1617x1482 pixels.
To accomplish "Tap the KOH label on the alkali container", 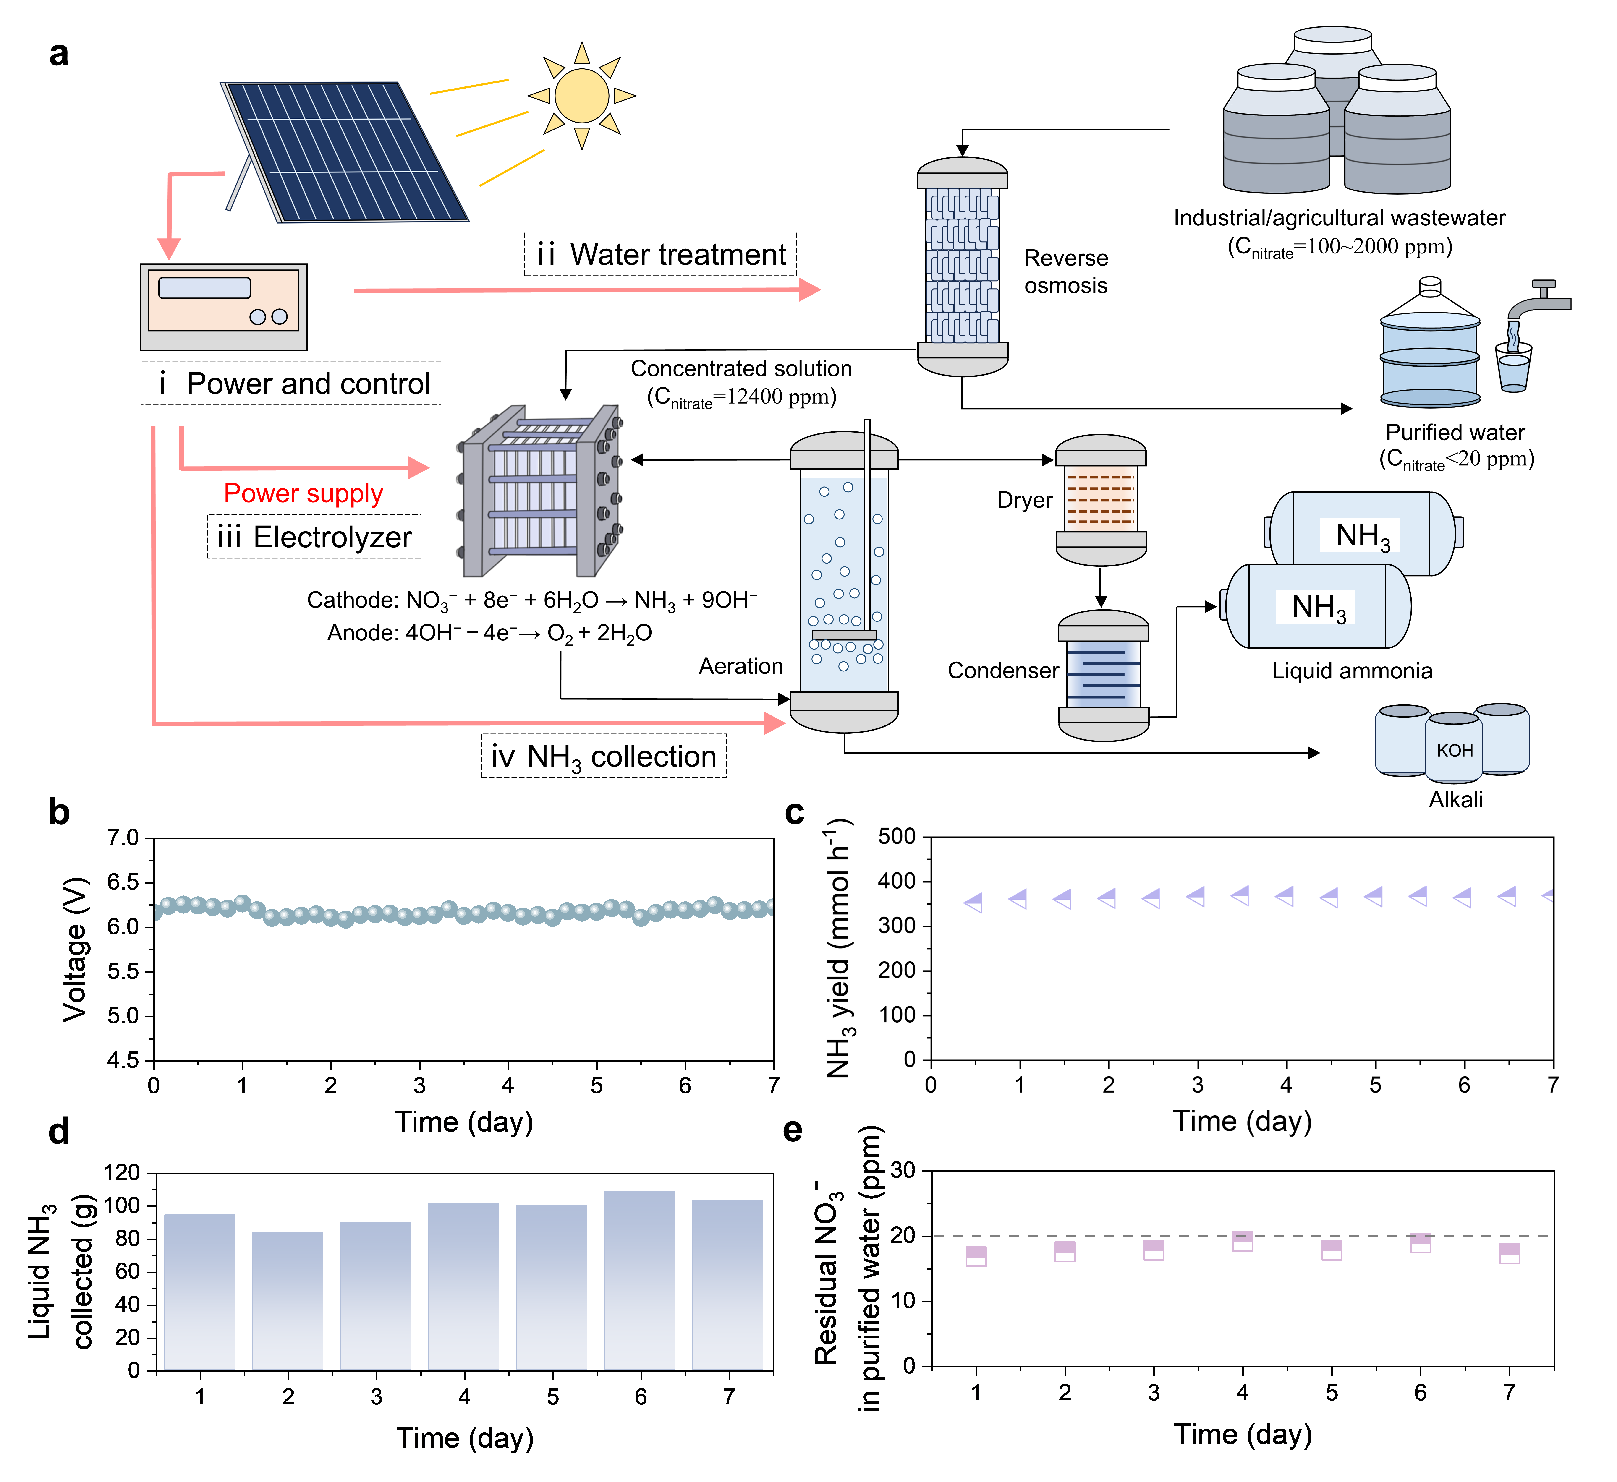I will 1454,751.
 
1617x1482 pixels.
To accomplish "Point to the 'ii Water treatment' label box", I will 660,254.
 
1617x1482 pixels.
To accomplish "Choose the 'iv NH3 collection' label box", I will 604,756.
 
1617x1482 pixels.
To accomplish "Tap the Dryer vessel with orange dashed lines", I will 1100,499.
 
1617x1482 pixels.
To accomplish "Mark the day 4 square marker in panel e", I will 1243,1241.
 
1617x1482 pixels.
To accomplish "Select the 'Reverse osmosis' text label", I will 1066,272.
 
